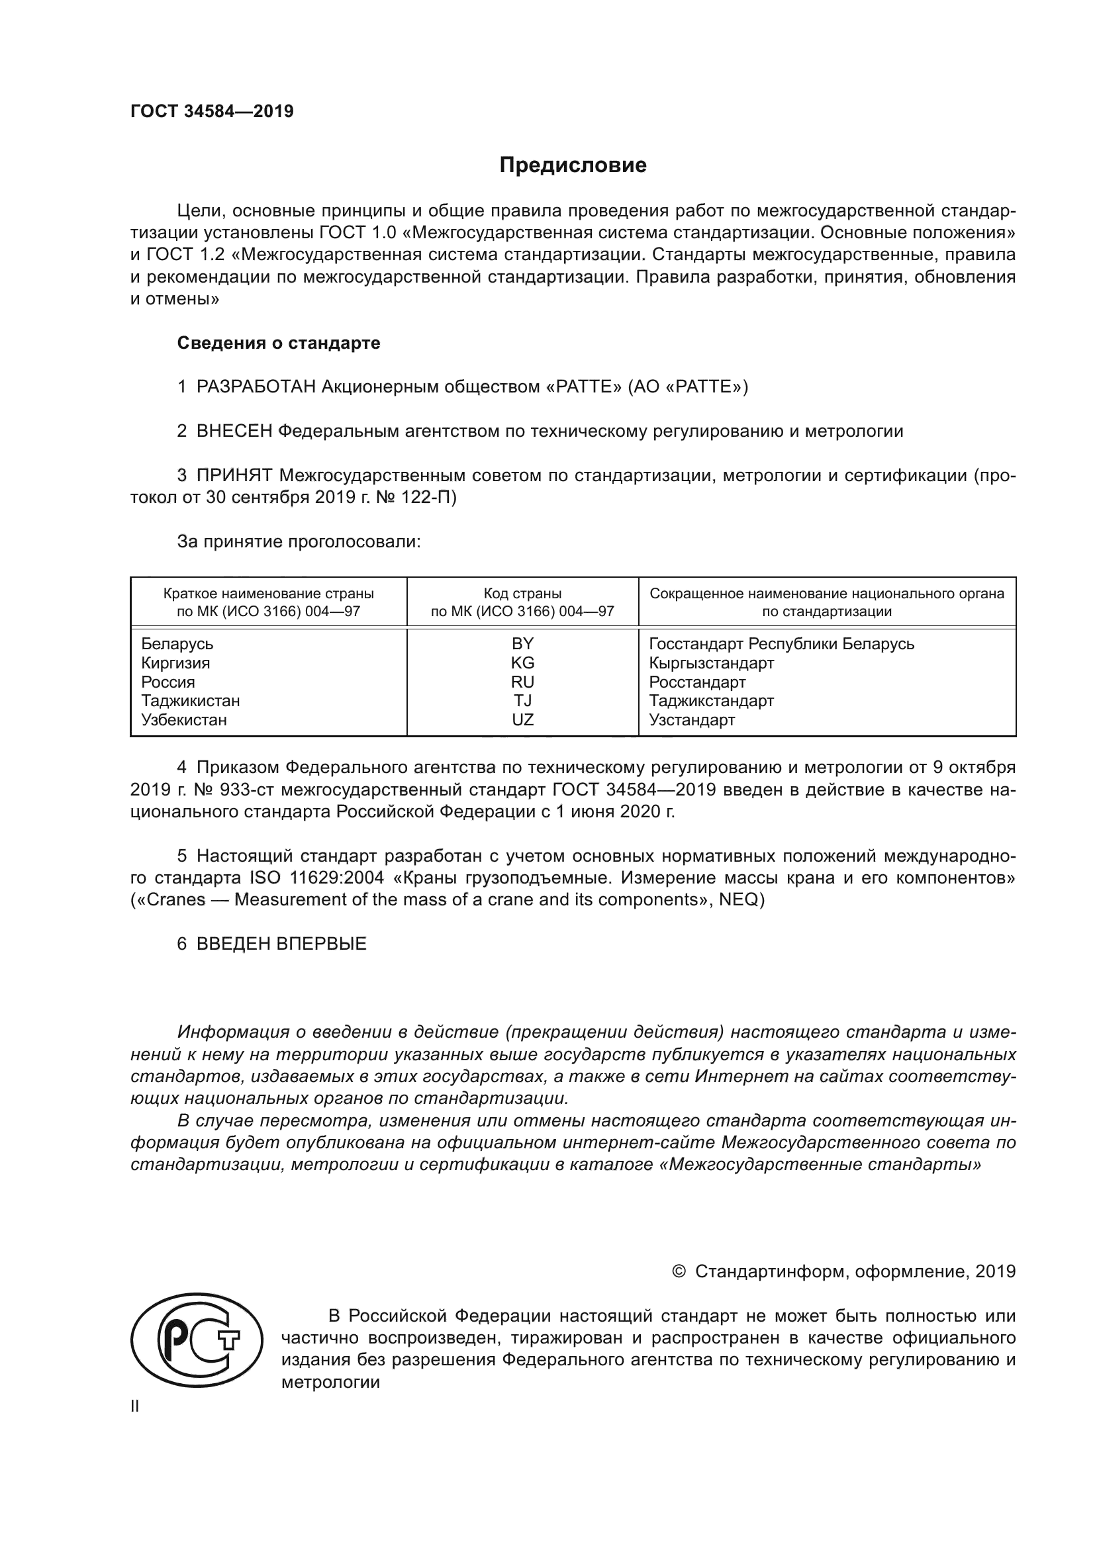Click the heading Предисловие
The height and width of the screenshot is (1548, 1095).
pos(573,165)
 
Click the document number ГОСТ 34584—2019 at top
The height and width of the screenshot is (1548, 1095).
pos(212,111)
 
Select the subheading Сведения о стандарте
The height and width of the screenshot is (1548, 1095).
pos(279,343)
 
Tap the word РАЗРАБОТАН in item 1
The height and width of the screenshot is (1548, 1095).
pos(256,387)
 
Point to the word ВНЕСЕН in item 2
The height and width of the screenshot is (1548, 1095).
pos(234,432)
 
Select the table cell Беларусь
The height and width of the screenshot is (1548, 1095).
pos(177,644)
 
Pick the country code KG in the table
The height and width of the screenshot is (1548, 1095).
pos(522,662)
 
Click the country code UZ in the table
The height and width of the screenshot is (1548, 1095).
pos(522,720)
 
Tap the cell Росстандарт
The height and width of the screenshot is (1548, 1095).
pos(697,682)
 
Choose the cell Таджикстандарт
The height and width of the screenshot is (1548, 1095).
pos(711,701)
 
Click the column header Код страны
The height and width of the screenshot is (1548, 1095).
pos(522,594)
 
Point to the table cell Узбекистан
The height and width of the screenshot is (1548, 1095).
pos(184,720)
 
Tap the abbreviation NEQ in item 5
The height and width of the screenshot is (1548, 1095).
pos(739,900)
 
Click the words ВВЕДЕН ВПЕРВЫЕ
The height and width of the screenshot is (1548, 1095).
pos(281,944)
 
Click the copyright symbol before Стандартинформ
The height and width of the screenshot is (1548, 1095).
pos(679,1271)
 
